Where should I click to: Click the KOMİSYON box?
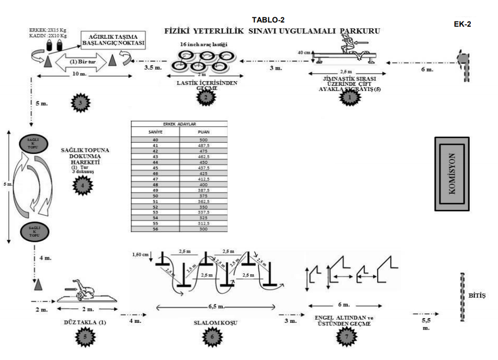click(452, 173)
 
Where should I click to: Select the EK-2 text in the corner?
click(462, 24)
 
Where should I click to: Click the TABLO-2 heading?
click(268, 20)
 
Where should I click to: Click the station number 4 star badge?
click(82, 184)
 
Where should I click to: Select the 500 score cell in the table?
click(203, 140)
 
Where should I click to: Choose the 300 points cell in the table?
click(203, 229)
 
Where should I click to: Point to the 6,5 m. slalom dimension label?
click(211, 306)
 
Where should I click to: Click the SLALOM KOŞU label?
click(212, 323)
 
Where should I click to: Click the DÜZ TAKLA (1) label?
click(84, 323)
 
